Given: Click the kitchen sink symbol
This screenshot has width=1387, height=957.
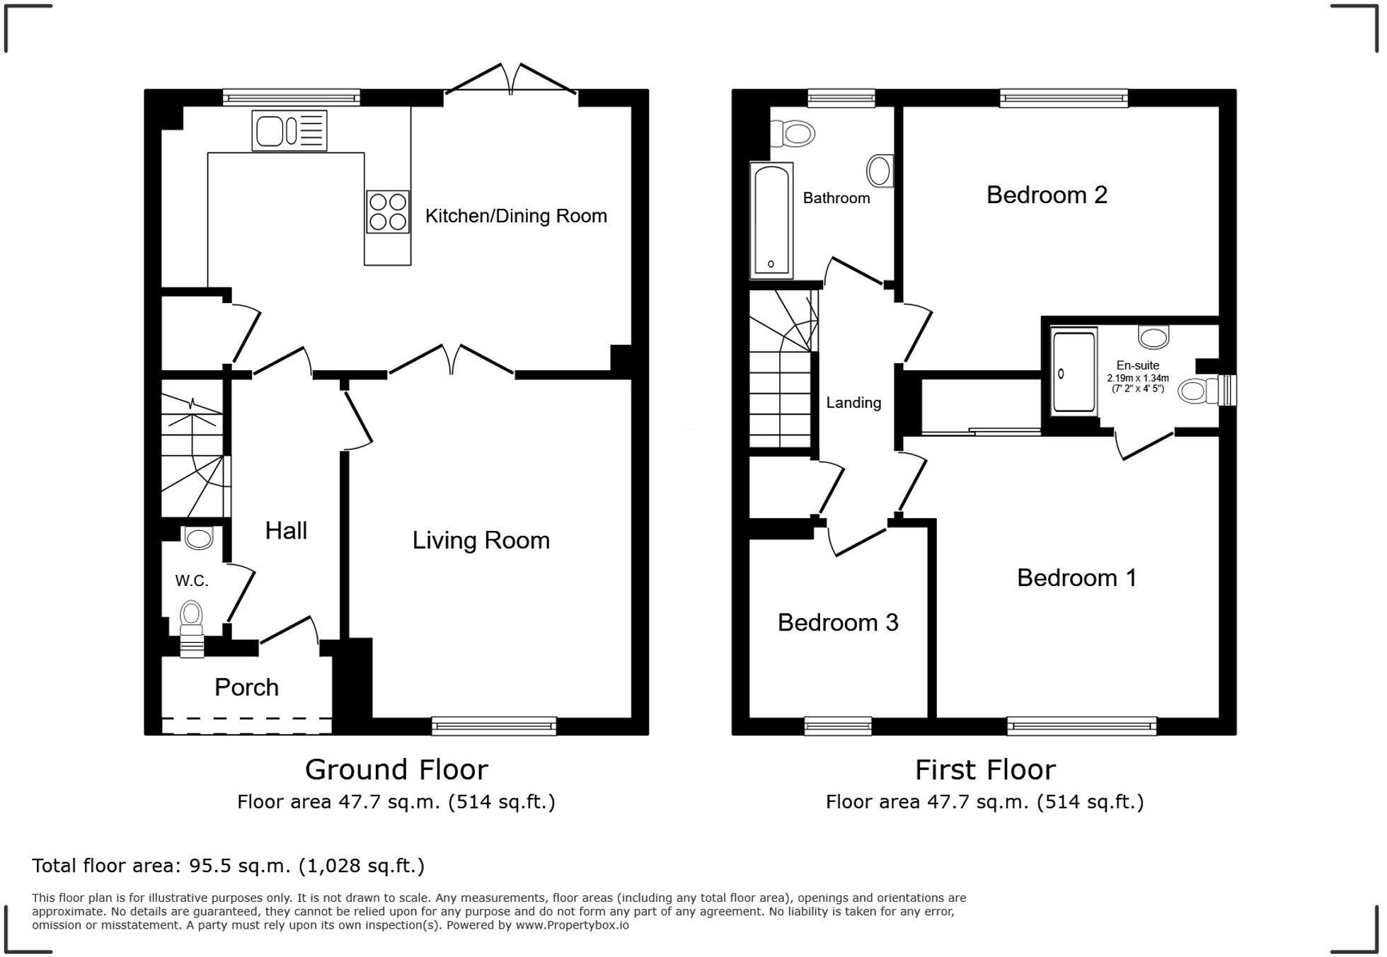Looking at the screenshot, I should click(289, 131).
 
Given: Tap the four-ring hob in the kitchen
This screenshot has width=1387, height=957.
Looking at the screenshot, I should click(388, 212).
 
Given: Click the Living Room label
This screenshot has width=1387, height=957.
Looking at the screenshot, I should click(481, 541).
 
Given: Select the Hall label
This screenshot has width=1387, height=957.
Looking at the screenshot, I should click(286, 531).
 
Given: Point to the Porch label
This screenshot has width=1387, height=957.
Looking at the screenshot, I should click(246, 687).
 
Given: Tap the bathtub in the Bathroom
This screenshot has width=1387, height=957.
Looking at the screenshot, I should click(771, 220).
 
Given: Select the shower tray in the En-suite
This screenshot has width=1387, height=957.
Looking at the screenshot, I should click(1074, 372).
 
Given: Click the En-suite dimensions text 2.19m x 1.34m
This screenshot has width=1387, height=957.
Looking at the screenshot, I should click(1138, 378).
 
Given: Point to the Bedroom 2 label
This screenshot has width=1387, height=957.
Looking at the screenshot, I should click(1047, 195).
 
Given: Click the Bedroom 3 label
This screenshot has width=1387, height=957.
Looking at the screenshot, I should click(838, 623).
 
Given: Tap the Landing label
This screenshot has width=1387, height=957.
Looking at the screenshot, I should click(853, 403).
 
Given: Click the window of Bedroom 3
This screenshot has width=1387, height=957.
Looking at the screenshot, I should click(838, 726).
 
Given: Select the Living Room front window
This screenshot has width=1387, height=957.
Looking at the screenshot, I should click(494, 726).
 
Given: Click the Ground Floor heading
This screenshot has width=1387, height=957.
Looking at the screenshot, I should click(396, 770).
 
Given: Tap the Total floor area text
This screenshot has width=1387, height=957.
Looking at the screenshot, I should click(228, 866).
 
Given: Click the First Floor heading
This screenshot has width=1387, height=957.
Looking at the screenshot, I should click(985, 770).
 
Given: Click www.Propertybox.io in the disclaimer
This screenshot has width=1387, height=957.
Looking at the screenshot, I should click(572, 925).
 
